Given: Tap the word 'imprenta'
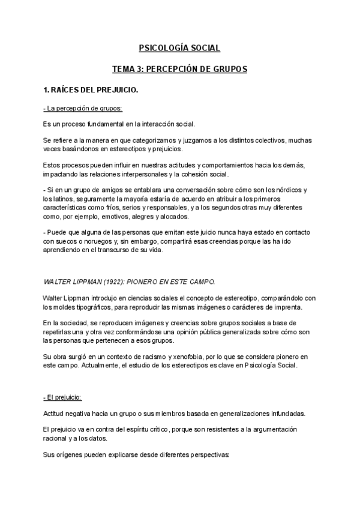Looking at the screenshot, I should tap(286, 307).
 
